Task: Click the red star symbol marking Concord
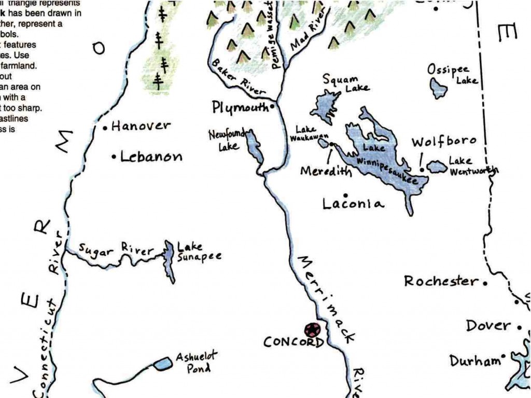(x=312, y=329)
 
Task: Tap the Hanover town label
(x=141, y=126)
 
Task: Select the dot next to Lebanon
(x=114, y=157)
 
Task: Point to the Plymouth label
(x=241, y=107)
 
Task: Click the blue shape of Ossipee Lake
(x=439, y=88)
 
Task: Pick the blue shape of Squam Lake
(x=324, y=106)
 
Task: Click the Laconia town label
(x=353, y=203)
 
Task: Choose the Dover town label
(x=488, y=326)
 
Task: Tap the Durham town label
(x=474, y=361)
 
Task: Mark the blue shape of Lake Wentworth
(x=437, y=167)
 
